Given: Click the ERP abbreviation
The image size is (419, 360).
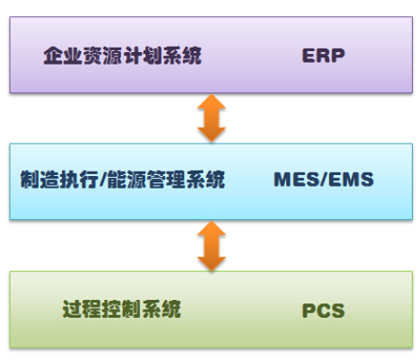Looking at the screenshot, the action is pos(323,56).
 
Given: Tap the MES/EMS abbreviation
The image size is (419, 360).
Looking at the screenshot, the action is pos(324,180).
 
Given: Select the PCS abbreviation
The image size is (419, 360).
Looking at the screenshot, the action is pos(323,311).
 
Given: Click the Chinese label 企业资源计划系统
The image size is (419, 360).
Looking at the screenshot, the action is pos(123,56).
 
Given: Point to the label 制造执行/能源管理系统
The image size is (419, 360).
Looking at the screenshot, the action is pos(123,180).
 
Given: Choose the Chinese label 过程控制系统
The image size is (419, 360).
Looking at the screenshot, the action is pos(122,309).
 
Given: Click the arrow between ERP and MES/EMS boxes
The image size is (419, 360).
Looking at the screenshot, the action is pos(212,118).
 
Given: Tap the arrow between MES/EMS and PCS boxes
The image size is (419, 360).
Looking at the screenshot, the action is pos(212,246).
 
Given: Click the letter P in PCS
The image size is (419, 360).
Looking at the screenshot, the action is pos(309,311).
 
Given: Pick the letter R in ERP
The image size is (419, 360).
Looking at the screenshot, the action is pos(324,56).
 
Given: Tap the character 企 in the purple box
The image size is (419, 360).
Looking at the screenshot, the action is pos(53,56).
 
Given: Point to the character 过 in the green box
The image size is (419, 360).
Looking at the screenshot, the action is pos(73,309).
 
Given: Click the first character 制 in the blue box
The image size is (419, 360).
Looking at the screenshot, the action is pos(30,180).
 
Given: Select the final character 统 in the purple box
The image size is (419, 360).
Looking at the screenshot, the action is pos(192,56).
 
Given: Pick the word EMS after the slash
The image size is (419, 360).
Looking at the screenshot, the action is pos(352,180).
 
